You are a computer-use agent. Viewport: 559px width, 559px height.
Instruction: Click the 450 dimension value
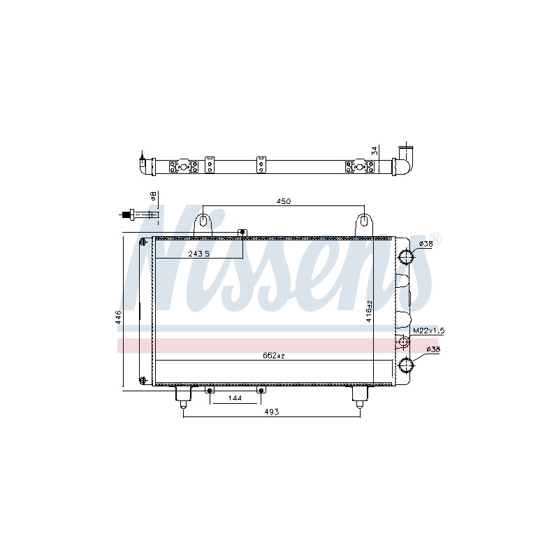point(284,201)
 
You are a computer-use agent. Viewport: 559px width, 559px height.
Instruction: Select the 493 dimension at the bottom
point(272,412)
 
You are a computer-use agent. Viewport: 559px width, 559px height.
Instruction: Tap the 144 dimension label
point(235,398)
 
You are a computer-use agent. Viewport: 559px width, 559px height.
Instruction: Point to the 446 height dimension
point(119,317)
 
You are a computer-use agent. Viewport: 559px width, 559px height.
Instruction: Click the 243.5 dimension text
point(199,254)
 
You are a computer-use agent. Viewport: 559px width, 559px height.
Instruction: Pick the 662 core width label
point(274,356)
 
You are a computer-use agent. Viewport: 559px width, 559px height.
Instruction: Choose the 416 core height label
point(369,311)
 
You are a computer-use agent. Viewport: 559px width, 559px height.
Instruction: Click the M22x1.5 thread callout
point(428,331)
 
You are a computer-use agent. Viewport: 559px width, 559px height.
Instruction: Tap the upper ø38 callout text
point(426,244)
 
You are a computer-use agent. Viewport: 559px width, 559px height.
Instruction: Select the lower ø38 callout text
point(433,349)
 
